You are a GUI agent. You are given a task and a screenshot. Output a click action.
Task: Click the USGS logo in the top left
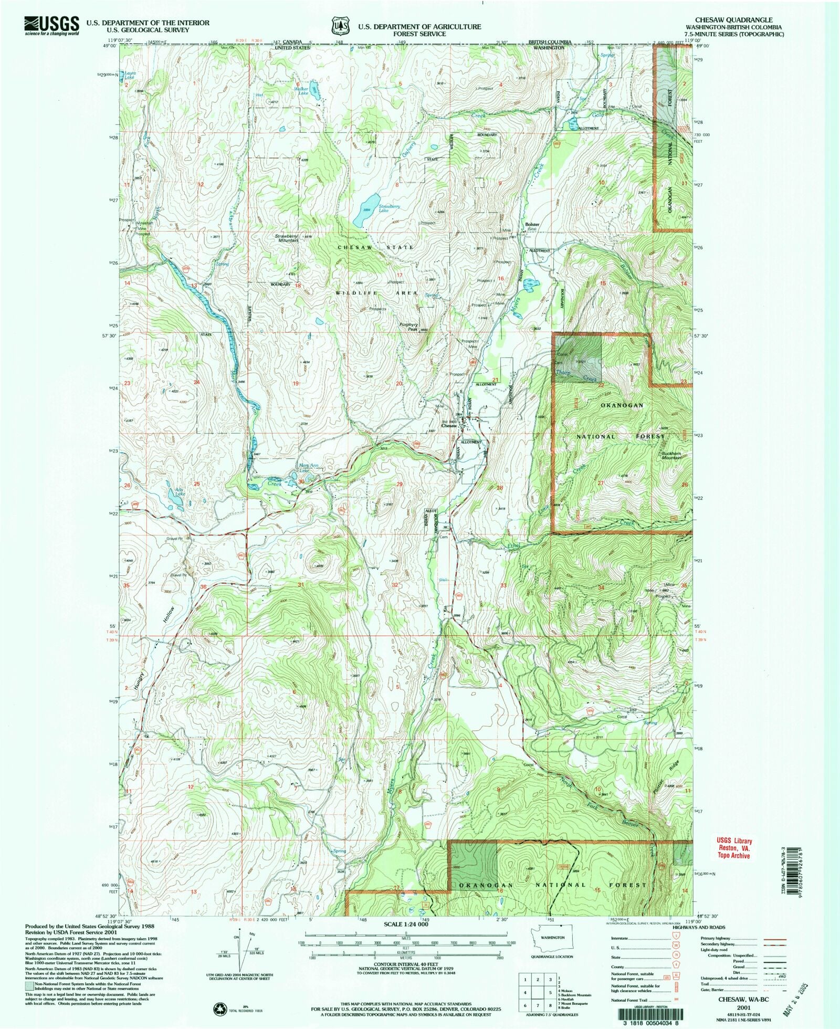[x=51, y=25]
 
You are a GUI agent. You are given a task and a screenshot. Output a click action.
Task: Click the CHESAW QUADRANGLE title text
[x=733, y=20]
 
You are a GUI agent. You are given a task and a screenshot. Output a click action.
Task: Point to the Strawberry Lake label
[x=389, y=208]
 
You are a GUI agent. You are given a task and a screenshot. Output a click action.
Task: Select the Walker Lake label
[x=301, y=91]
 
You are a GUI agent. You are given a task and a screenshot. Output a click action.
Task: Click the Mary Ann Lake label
[x=308, y=467]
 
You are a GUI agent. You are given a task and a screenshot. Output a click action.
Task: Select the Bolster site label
[x=532, y=226]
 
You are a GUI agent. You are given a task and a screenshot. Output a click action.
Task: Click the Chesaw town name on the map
[x=448, y=426]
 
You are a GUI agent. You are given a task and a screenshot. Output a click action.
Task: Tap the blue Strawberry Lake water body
[x=366, y=209]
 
